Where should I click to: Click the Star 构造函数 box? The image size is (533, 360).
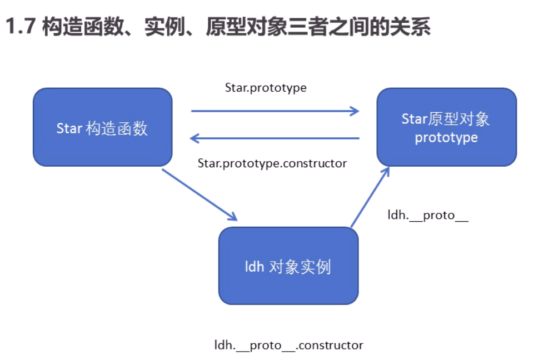102,127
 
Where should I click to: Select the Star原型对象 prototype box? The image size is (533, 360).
446,127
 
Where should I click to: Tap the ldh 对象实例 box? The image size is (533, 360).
288,266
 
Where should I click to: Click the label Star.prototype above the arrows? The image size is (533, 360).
266,88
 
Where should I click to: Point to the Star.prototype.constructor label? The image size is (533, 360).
272,163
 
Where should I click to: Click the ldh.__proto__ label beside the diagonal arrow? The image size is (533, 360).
428,216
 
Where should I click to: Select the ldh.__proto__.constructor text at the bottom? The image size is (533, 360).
289,345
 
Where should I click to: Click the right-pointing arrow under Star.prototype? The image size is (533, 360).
275,111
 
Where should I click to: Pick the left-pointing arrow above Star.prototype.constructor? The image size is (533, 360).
275,138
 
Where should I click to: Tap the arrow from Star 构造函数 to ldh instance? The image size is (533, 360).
200,195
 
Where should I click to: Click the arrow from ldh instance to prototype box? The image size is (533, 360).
370,197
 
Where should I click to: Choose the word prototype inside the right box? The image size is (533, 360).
446,137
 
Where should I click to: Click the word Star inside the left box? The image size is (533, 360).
69,128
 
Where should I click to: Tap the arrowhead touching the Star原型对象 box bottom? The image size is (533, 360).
386,171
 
